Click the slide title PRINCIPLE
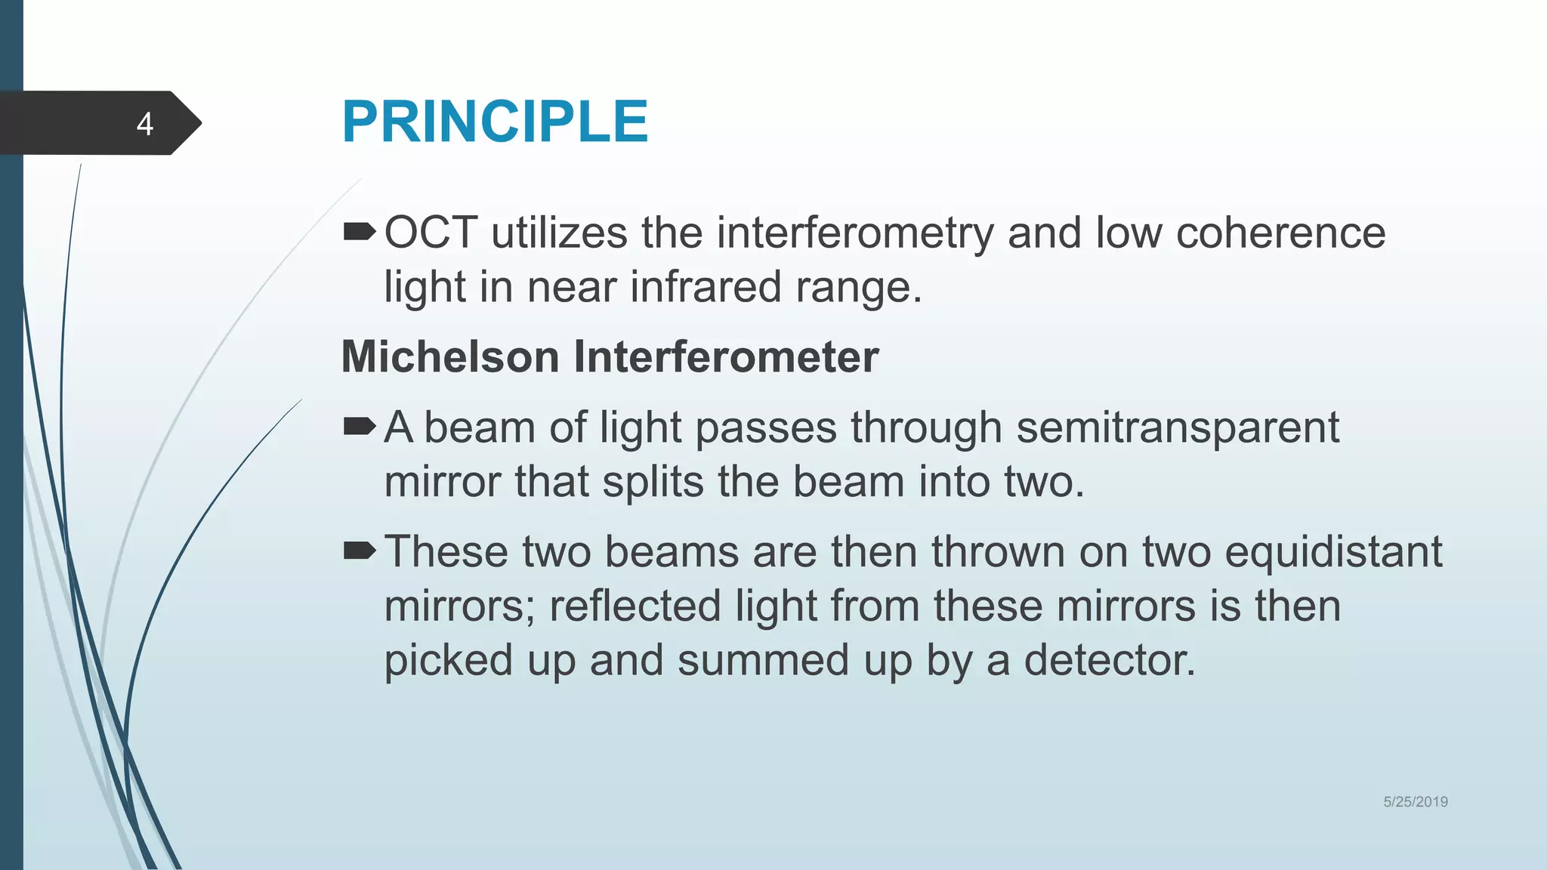tap(495, 122)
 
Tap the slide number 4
tap(145, 124)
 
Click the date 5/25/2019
tap(1415, 802)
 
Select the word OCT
tap(431, 232)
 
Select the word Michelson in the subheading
tap(450, 356)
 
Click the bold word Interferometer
tap(726, 356)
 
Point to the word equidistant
tap(1333, 552)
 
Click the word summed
tap(763, 660)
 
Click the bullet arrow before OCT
tap(359, 232)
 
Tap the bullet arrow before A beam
tap(359, 427)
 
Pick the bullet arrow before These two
tap(359, 551)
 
